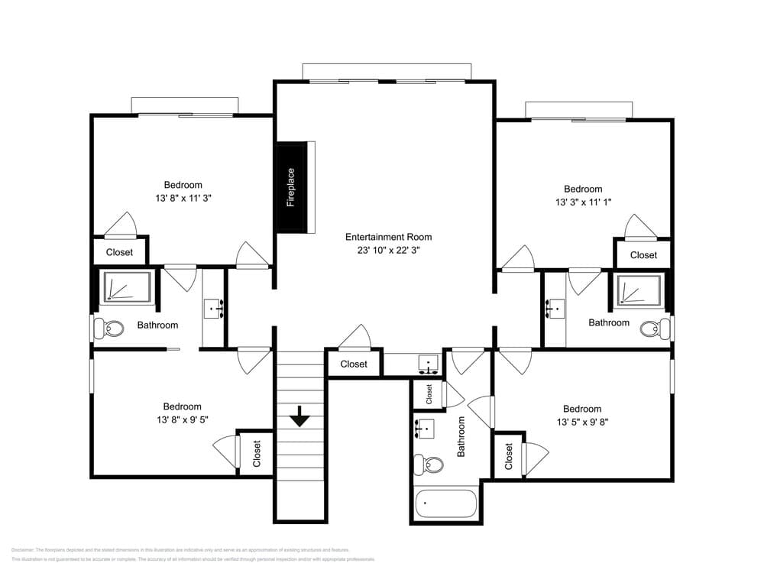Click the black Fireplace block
(290, 187)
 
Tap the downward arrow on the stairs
(299, 417)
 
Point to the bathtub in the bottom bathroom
(446, 505)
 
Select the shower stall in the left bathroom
(127, 286)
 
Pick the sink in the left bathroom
(213, 308)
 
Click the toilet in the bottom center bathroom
(431, 464)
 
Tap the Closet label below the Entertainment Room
(354, 364)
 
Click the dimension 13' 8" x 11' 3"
(183, 198)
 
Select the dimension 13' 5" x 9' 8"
(582, 422)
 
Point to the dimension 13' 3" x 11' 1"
(583, 202)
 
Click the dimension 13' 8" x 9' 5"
(182, 419)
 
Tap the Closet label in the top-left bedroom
(119, 252)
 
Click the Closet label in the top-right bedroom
(643, 255)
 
